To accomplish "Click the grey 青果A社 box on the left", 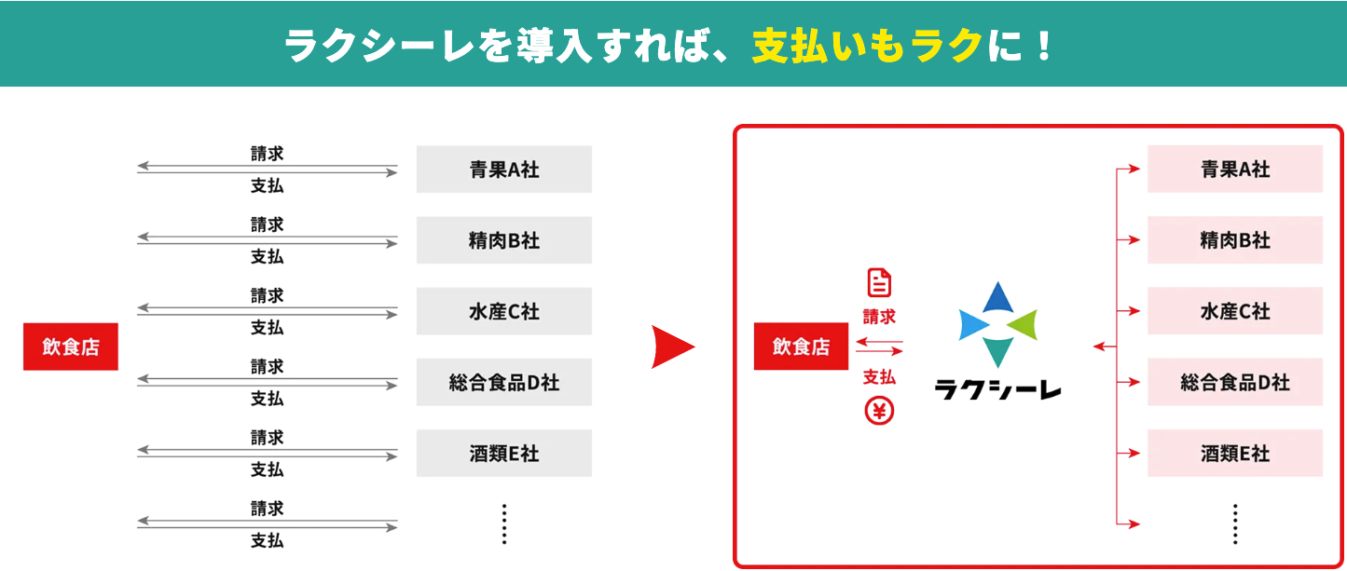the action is point(503,170).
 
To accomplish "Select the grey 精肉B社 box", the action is point(503,240).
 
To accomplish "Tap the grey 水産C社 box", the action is point(503,311).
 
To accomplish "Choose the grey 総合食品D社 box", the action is point(503,382).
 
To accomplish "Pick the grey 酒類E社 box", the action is point(503,454).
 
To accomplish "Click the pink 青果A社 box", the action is point(1234,170).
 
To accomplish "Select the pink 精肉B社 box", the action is point(1234,240).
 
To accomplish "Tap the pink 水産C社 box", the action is point(1234,311).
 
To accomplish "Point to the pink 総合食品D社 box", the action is point(1234,382).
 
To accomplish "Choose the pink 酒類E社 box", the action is point(1234,454).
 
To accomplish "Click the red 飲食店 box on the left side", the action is point(71,347).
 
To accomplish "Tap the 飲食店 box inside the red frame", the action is point(801,347).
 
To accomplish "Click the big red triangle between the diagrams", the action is point(671,347).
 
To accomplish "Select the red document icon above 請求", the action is point(879,283).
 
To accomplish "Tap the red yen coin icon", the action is point(879,411).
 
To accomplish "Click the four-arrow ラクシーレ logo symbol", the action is point(997,324).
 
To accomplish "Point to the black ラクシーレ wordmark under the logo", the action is point(997,388).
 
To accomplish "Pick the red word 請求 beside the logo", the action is point(879,317).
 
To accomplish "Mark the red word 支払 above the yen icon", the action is point(879,377).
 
